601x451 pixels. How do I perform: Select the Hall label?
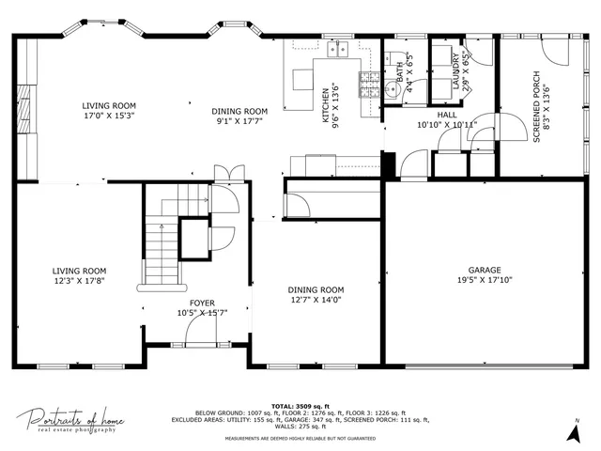447,114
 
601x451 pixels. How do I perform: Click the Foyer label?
202,303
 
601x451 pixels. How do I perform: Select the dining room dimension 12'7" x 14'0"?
316,301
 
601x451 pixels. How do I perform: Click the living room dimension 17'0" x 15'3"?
108,117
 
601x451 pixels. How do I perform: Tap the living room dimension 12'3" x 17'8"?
79,280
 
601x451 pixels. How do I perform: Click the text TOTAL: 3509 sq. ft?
300,404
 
